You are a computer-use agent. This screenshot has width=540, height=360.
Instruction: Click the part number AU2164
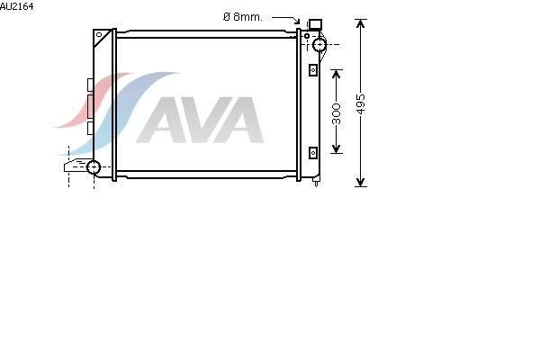click(x=16, y=6)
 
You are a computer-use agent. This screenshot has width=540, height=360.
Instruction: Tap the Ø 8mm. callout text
click(x=242, y=17)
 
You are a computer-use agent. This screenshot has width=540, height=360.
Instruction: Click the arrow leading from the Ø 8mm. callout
click(x=286, y=19)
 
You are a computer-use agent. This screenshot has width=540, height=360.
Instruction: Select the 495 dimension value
click(x=360, y=103)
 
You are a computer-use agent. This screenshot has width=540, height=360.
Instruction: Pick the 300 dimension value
click(x=336, y=113)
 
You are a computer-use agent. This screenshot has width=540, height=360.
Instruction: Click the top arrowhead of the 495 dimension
click(x=360, y=24)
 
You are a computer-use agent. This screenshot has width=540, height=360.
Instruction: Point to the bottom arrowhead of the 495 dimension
click(x=360, y=182)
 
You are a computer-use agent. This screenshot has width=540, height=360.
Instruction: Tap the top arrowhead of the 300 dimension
click(x=336, y=74)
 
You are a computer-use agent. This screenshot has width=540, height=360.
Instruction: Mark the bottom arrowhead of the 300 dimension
click(x=336, y=148)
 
